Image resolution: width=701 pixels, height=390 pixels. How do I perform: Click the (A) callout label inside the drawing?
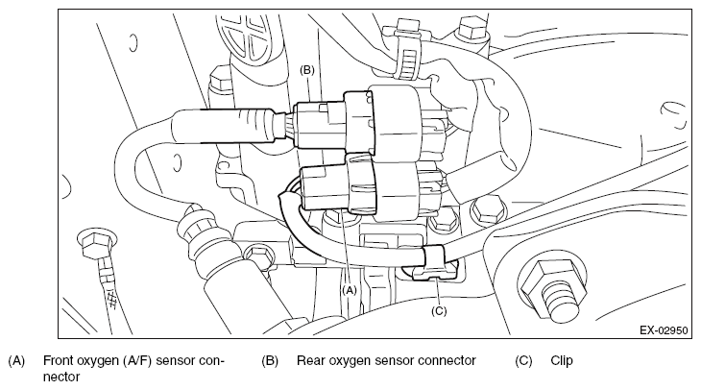[x=350, y=290]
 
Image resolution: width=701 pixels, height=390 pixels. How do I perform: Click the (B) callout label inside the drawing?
[x=307, y=70]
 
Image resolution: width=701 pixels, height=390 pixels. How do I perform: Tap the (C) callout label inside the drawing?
[x=439, y=310]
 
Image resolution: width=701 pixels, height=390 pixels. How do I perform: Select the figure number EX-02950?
[x=664, y=330]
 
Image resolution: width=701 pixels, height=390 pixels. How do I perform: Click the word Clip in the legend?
[x=562, y=360]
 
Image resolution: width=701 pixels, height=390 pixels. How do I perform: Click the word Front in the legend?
[x=59, y=360]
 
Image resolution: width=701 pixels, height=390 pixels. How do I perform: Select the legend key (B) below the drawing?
[x=270, y=360]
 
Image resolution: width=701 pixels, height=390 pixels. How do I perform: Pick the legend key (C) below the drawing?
[x=524, y=360]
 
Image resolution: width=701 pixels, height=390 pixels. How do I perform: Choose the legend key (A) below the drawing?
[x=16, y=360]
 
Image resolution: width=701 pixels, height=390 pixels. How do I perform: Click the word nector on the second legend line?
[x=61, y=377]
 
